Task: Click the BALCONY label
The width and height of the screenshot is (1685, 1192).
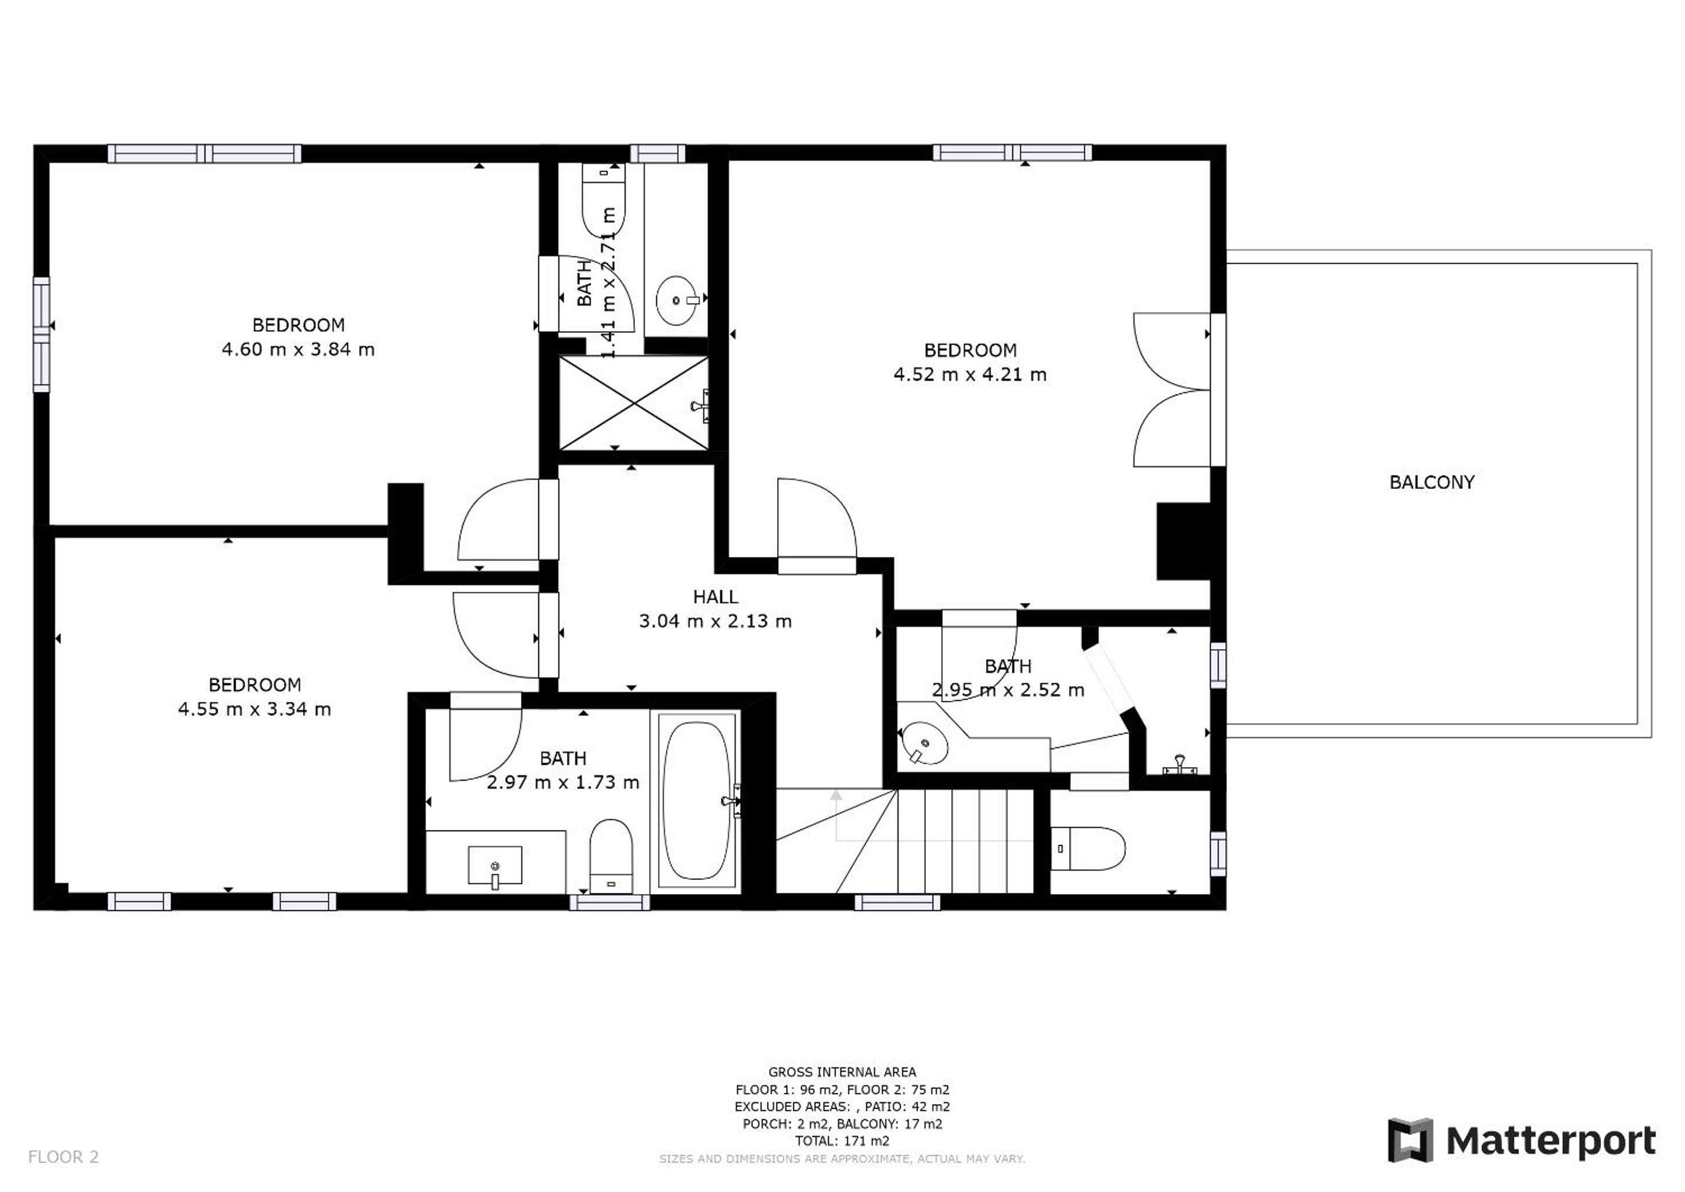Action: (x=1432, y=483)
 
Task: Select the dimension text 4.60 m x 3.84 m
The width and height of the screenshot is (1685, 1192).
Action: (x=298, y=349)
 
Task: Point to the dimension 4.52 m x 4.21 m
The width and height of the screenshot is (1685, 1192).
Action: (x=970, y=374)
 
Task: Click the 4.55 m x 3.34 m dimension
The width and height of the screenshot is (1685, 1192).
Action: (x=255, y=709)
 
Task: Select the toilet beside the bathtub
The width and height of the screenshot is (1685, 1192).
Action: (x=611, y=855)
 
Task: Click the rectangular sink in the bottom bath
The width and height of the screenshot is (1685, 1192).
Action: (x=495, y=865)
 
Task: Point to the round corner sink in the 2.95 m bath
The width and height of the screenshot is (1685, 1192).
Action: (x=924, y=743)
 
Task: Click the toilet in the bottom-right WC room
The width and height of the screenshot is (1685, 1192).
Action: (x=1088, y=849)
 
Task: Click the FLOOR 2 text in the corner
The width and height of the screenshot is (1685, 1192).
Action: (x=63, y=1158)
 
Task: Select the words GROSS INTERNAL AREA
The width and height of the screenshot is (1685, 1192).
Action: (x=842, y=1072)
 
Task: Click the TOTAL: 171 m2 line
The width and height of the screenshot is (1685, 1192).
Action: (x=842, y=1141)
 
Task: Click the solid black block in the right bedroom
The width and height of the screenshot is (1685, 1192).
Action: (x=1183, y=542)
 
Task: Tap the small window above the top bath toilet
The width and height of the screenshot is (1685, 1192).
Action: (x=657, y=154)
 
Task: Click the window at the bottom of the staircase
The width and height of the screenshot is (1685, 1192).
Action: (x=897, y=902)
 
